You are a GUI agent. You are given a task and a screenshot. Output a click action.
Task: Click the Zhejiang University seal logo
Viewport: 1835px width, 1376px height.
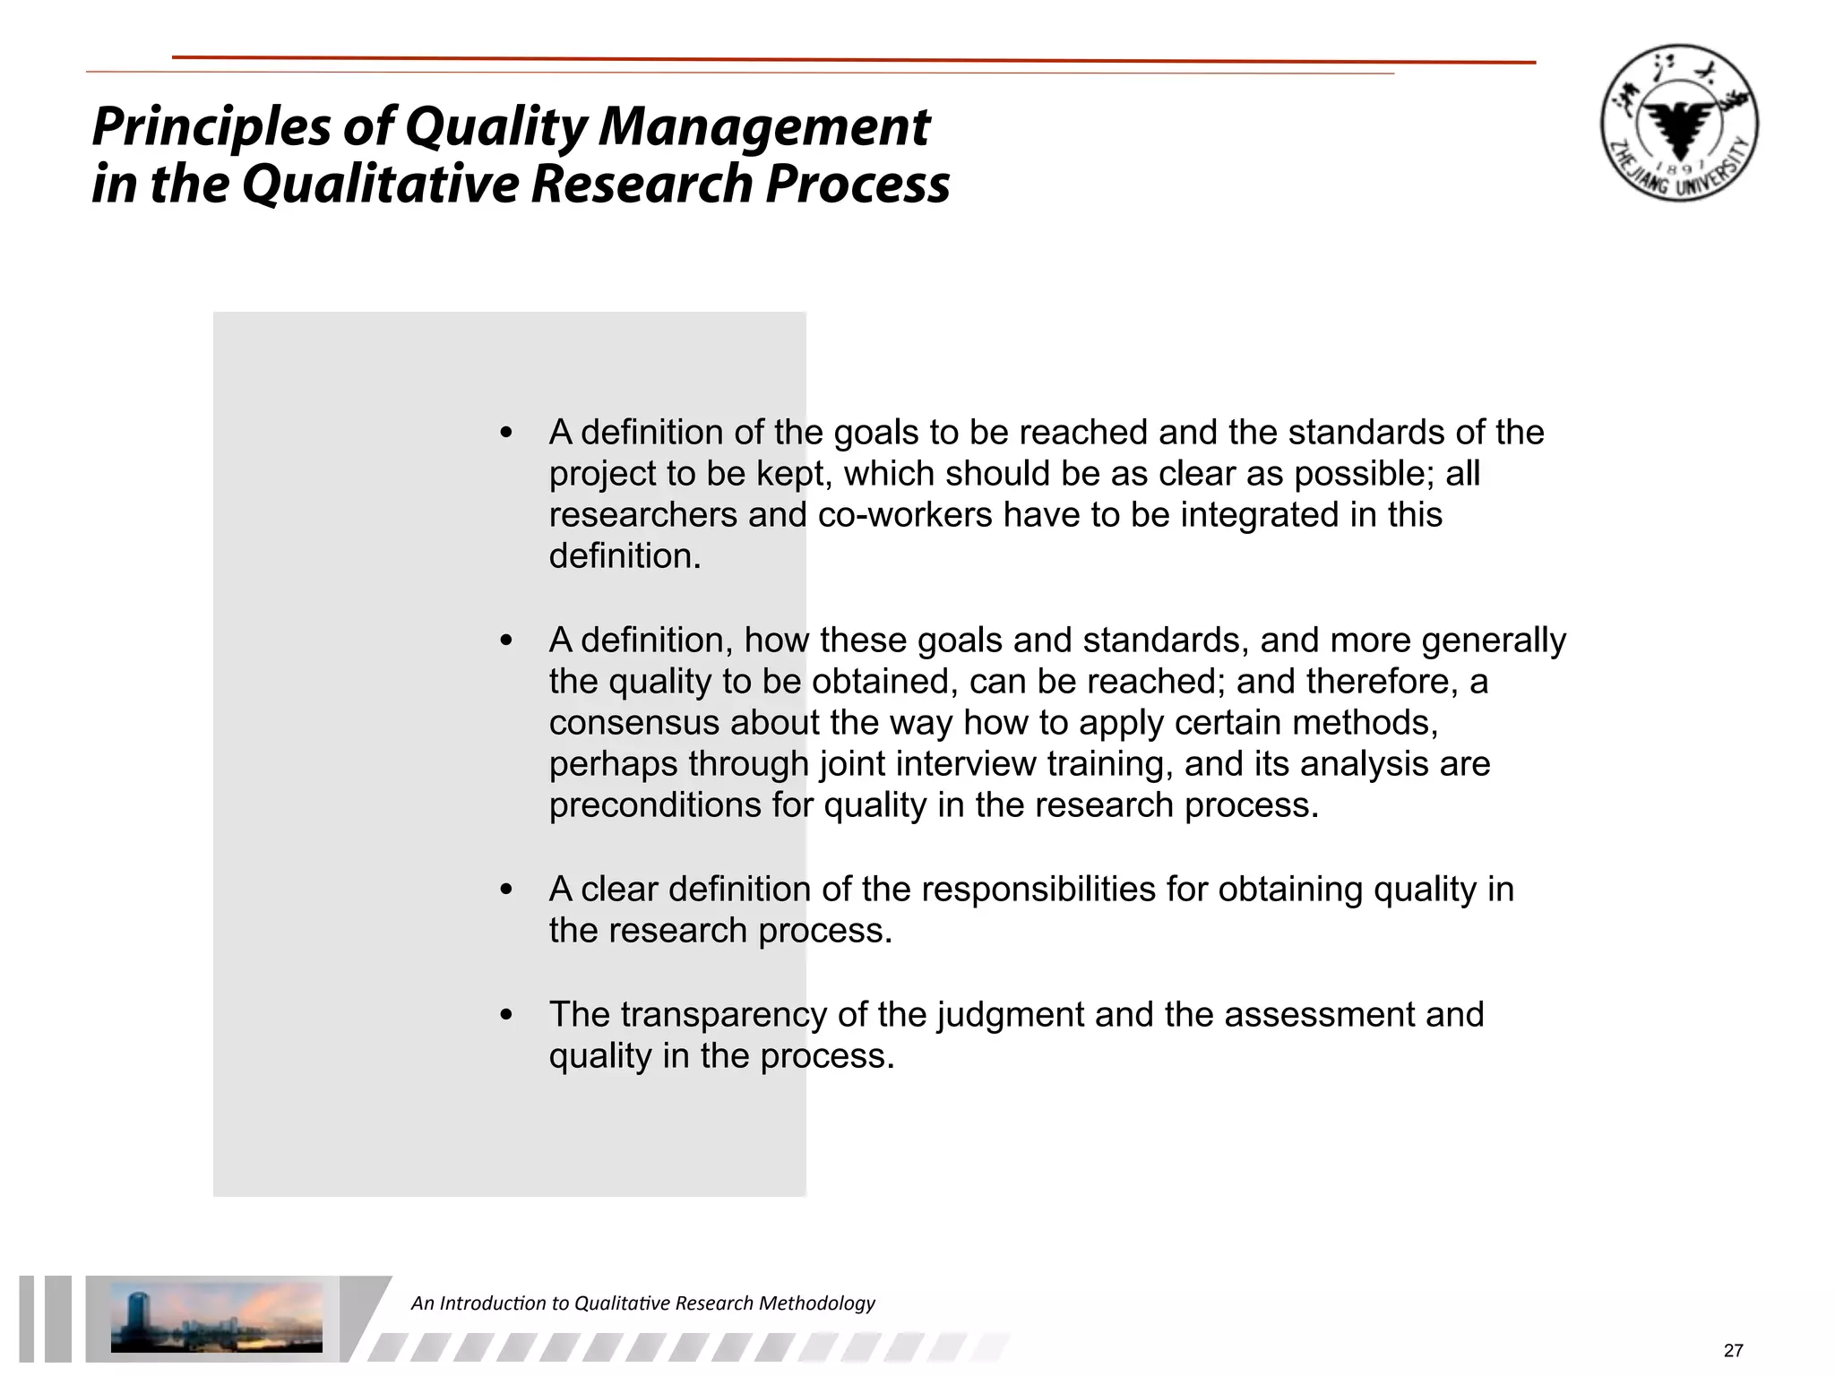point(1679,123)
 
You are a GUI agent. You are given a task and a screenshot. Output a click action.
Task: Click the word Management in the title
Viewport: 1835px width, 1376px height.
point(764,126)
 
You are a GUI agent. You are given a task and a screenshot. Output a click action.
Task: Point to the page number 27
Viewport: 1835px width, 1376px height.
point(1733,1350)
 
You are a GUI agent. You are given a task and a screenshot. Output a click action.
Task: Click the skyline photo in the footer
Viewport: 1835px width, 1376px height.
point(216,1316)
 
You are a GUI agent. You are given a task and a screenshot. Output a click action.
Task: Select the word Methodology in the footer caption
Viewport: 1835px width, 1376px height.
point(816,1303)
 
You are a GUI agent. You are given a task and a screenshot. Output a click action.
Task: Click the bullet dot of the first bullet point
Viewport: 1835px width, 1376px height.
point(507,434)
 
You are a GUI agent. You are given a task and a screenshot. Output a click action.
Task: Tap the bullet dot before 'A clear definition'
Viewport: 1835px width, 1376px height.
point(507,890)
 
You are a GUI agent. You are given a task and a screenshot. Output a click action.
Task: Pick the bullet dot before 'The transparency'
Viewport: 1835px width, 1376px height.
point(507,1016)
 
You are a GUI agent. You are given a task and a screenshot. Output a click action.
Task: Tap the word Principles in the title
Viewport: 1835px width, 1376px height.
point(211,126)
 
